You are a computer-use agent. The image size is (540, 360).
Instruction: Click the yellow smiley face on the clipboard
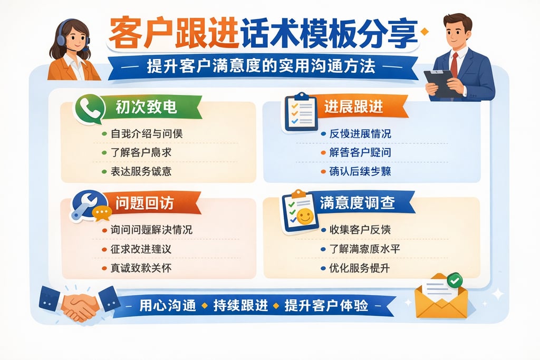click(304, 216)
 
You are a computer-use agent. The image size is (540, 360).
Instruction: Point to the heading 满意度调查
click(357, 203)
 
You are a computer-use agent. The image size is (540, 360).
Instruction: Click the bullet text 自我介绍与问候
click(147, 134)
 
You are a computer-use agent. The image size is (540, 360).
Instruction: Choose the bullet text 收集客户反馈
click(360, 230)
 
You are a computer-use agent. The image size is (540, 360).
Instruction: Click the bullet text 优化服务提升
click(360, 268)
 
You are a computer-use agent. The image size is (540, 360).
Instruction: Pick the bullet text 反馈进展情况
click(361, 134)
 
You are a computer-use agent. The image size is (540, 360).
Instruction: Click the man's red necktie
click(454, 64)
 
